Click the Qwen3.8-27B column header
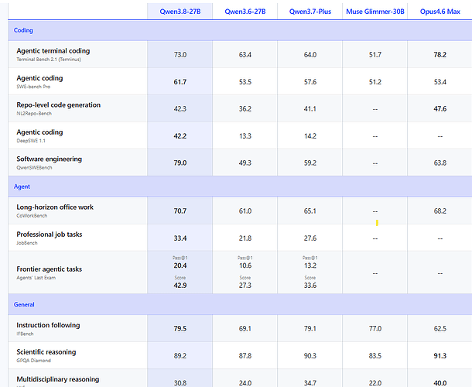click(180, 12)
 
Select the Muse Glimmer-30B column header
click(375, 12)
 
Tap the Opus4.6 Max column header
click(440, 12)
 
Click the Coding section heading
click(23, 30)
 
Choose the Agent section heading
click(22, 187)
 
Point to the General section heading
click(24, 304)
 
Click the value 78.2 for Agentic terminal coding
click(440, 55)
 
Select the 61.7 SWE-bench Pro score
click(180, 82)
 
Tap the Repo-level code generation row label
click(58, 104)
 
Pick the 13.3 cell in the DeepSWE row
click(245, 136)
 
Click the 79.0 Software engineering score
click(180, 163)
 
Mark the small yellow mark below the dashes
click(377, 223)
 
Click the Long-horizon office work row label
click(55, 207)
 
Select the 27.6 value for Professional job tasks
click(310, 238)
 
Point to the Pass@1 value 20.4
click(180, 265)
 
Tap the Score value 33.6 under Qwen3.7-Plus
click(310, 285)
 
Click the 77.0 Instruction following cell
click(375, 329)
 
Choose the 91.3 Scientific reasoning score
click(440, 356)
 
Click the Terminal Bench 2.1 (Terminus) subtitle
click(49, 60)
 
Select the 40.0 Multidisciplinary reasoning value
click(440, 383)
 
